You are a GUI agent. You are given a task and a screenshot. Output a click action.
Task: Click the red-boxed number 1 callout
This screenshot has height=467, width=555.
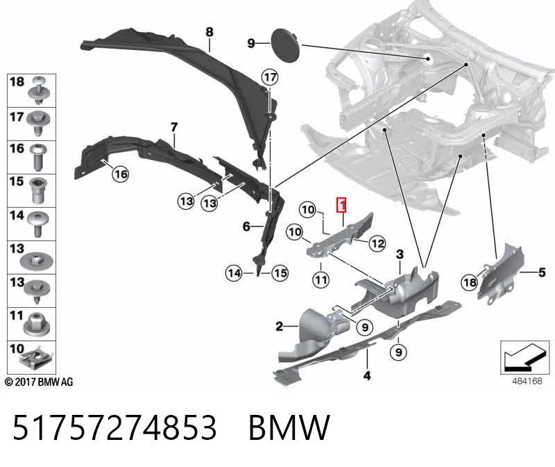click(x=341, y=205)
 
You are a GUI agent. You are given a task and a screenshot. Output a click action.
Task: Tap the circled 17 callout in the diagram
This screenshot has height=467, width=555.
click(x=270, y=77)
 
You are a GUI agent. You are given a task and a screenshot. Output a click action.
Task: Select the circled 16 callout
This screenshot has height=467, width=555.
click(x=120, y=174)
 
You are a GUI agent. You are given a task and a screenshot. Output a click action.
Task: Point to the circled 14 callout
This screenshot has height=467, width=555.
click(x=234, y=273)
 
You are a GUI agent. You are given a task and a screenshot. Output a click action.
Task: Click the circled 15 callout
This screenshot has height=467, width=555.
click(x=280, y=273)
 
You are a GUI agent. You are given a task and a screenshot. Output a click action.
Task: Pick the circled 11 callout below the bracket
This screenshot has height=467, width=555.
click(x=321, y=280)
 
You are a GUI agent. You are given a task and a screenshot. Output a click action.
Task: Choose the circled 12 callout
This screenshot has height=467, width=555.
click(x=377, y=243)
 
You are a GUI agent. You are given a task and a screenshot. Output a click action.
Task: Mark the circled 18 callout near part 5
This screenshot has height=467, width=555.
click(x=470, y=282)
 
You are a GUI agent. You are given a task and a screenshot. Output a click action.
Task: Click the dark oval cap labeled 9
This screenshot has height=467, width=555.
click(x=285, y=46)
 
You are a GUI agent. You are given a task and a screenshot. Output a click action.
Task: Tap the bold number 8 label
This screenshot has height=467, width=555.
click(x=210, y=32)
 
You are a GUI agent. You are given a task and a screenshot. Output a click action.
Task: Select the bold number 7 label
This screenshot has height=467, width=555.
click(x=174, y=127)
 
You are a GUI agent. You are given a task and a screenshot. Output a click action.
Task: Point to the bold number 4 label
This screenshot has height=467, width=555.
click(x=367, y=375)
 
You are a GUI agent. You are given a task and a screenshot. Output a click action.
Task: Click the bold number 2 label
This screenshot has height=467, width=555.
click(x=280, y=326)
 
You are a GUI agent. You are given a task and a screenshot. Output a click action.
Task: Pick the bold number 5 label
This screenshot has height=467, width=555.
click(x=542, y=272)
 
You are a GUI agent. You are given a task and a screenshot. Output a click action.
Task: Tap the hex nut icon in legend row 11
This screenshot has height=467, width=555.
click(x=37, y=324)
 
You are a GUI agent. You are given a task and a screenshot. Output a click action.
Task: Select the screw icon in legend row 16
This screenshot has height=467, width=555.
click(x=37, y=157)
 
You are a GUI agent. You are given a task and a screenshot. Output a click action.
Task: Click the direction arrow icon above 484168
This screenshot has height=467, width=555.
click(x=525, y=357)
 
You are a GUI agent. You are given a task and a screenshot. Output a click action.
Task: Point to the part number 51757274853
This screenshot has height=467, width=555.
click(x=114, y=427)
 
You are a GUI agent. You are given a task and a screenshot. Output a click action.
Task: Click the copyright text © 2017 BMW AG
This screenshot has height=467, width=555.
click(x=39, y=382)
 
